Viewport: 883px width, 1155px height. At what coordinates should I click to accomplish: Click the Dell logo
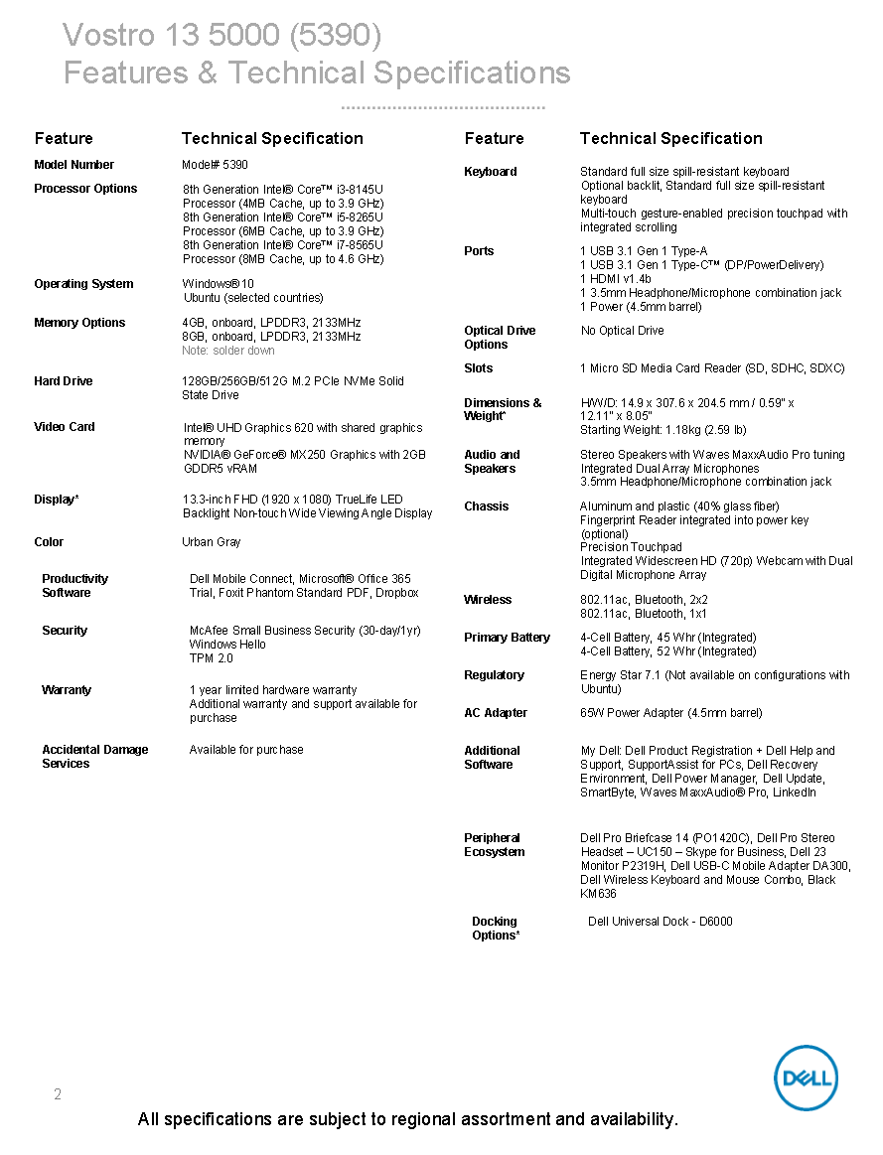click(x=806, y=1078)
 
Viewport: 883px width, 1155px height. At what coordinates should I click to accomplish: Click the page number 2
click(x=58, y=1094)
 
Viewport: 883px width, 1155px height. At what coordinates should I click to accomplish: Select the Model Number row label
click(x=74, y=165)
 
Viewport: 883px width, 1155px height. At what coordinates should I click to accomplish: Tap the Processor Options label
click(x=85, y=189)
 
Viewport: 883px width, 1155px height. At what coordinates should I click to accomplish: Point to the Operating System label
click(x=83, y=284)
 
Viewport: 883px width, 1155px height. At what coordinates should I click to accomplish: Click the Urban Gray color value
click(x=212, y=542)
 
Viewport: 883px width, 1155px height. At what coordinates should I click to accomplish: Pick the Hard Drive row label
click(x=65, y=381)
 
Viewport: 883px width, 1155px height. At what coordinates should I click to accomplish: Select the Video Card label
click(x=65, y=427)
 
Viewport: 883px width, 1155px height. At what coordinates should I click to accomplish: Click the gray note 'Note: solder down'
click(x=228, y=351)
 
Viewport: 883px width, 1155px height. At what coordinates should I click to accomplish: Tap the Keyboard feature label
click(x=491, y=172)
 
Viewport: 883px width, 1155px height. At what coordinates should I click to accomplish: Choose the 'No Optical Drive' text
click(x=622, y=331)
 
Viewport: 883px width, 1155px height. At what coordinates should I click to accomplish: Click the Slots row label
click(x=479, y=368)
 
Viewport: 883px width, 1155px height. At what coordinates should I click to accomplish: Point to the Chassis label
click(x=487, y=506)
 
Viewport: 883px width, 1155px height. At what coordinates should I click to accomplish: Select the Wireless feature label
click(x=488, y=600)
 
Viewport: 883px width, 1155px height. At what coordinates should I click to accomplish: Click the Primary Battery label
click(x=507, y=638)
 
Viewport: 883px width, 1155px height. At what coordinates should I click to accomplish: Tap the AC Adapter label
click(x=496, y=713)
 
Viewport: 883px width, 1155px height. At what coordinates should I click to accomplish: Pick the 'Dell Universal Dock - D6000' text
click(x=661, y=922)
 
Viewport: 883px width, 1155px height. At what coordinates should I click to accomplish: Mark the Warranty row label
click(x=67, y=690)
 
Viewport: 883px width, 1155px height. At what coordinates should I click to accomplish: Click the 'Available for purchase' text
click(x=246, y=750)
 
